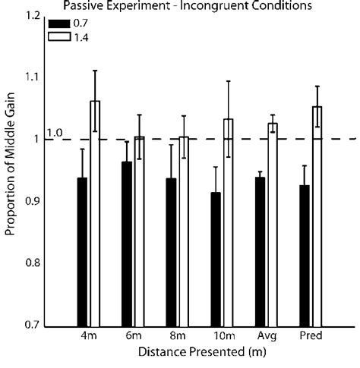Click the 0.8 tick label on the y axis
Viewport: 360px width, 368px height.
coord(32,263)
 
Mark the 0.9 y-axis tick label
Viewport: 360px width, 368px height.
coord(32,201)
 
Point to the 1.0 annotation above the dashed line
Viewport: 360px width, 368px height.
coord(55,133)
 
